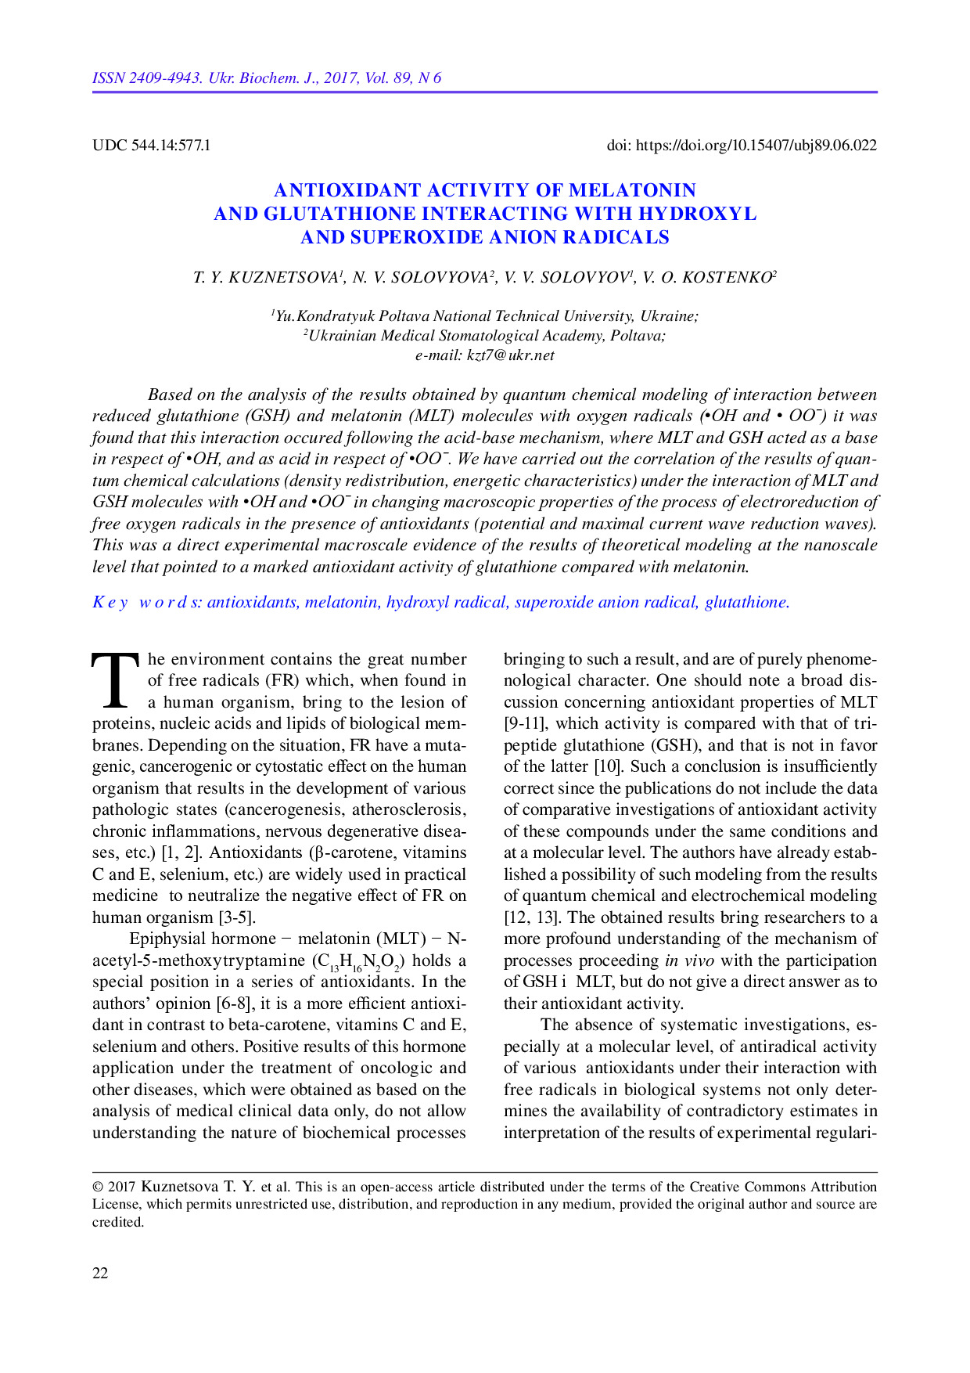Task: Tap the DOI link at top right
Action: [756, 145]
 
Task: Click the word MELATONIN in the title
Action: [632, 190]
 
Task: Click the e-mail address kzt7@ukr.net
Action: [511, 355]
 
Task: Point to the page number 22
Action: [100, 1273]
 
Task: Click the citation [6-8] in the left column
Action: [235, 1004]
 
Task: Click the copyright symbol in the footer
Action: [98, 1187]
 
